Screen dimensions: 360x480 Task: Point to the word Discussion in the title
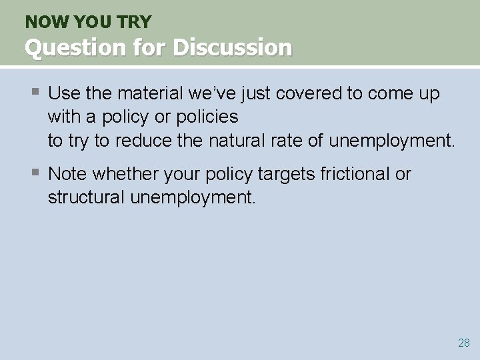pyautogui.click(x=233, y=48)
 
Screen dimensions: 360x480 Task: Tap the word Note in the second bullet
pyautogui.click(x=67, y=174)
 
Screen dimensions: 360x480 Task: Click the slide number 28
pyautogui.click(x=464, y=343)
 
